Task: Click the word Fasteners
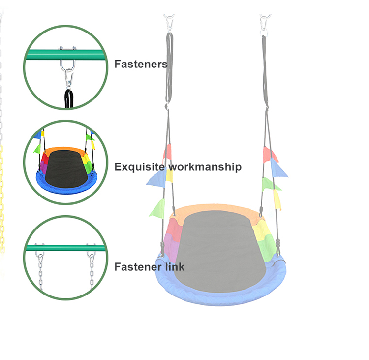[141, 64]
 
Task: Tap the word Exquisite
[140, 167]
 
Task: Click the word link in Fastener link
[174, 267]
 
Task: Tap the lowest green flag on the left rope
[158, 208]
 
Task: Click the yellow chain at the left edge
[2, 197]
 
